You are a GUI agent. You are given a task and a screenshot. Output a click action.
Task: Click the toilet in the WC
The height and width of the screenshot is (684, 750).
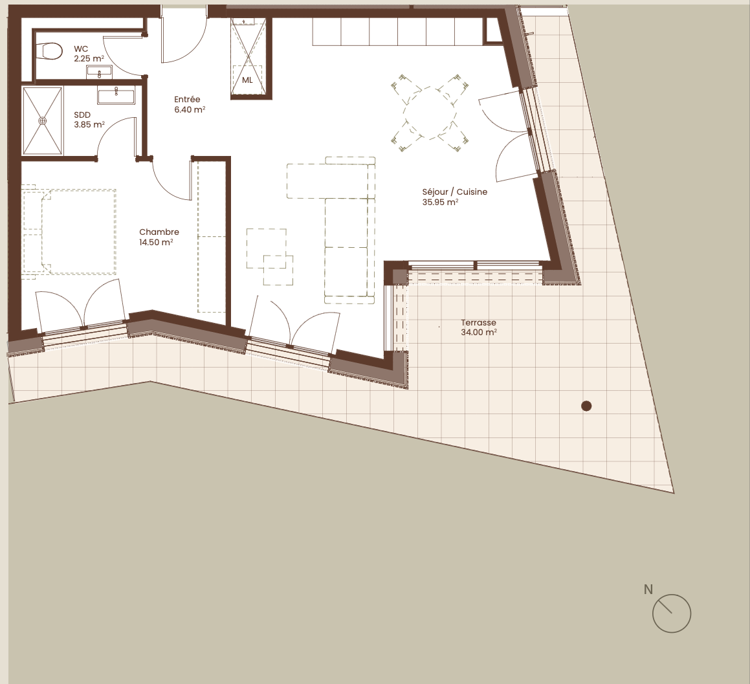click(50, 51)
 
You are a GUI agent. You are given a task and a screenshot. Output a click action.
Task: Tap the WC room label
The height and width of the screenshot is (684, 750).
click(82, 49)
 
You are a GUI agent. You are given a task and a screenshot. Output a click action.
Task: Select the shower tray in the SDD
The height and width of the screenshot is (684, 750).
click(43, 121)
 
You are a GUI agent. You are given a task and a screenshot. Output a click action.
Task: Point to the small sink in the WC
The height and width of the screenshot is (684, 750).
click(99, 72)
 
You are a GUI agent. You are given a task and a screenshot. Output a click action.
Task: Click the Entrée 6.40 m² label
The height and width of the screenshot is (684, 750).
click(190, 104)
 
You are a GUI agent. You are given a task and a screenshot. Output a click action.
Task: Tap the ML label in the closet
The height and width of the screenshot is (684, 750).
click(247, 80)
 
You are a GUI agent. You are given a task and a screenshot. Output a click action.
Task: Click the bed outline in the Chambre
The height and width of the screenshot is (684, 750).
click(69, 232)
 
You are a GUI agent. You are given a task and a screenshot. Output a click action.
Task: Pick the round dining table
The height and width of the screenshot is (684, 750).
click(430, 113)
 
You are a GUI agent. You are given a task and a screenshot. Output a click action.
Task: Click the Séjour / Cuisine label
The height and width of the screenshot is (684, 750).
click(454, 192)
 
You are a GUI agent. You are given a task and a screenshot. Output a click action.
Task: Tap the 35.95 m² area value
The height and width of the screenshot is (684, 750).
click(440, 203)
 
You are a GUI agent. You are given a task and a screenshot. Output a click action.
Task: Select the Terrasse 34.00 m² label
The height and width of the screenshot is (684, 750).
click(478, 327)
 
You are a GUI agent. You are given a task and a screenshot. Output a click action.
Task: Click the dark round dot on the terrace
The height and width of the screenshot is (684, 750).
click(586, 406)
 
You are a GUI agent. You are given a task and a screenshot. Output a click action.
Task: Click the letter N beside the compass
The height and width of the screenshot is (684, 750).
click(648, 590)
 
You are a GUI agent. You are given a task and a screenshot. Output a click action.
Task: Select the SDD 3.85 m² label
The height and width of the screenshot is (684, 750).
click(89, 120)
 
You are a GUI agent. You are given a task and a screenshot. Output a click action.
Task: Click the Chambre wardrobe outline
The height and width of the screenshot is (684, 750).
click(212, 237)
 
